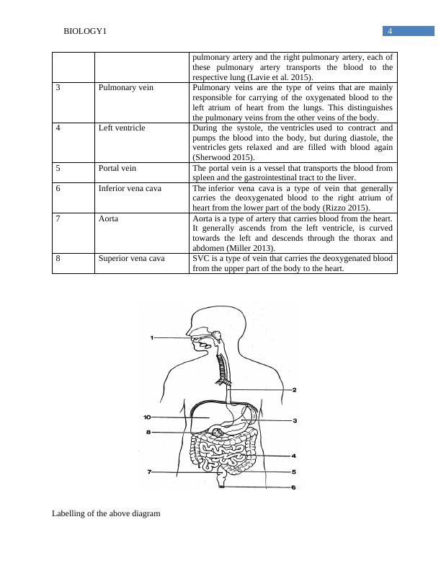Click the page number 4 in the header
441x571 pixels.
(x=389, y=31)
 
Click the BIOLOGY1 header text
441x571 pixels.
(x=85, y=32)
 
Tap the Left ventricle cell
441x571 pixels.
(x=122, y=128)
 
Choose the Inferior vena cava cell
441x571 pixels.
(x=130, y=188)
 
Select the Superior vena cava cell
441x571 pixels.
(x=132, y=257)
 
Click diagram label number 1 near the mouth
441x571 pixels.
(x=153, y=337)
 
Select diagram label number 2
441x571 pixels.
(x=294, y=389)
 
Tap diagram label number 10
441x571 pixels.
(x=147, y=417)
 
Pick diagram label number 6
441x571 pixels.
(x=293, y=487)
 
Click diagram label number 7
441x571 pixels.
(x=149, y=472)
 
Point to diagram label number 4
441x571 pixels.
(x=294, y=456)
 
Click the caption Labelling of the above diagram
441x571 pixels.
(x=106, y=514)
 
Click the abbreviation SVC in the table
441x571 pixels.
(x=202, y=257)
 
